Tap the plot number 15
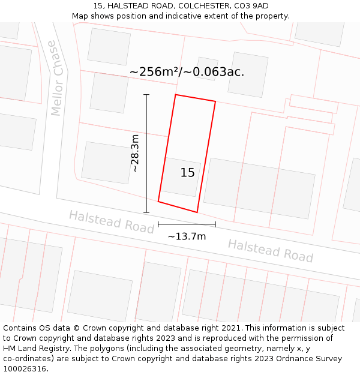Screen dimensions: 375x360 [x=187, y=173]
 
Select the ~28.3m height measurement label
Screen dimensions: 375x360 [x=136, y=154]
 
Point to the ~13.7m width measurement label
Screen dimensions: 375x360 [x=187, y=236]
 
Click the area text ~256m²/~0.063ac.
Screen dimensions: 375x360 [x=187, y=72]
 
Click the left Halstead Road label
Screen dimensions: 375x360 [x=111, y=221]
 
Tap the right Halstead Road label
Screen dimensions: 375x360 [x=270, y=251]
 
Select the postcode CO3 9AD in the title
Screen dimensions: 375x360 [x=248, y=6]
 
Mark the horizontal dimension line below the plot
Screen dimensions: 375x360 [x=187, y=224]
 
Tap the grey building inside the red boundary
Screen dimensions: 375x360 [x=181, y=177]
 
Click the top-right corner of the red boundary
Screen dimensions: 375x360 [x=215, y=101]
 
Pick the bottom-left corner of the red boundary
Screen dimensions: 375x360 [x=158, y=201]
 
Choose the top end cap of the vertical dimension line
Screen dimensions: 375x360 [x=146, y=95]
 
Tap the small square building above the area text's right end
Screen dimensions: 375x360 [x=206, y=67]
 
